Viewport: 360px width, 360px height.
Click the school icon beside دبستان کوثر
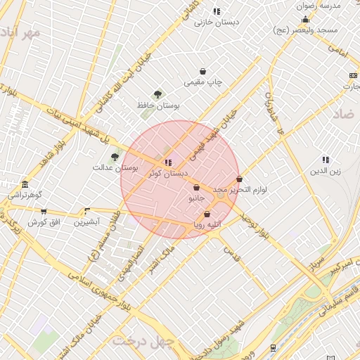pyautogui.click(x=167, y=163)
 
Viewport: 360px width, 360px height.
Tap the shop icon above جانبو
pyautogui.click(x=196, y=188)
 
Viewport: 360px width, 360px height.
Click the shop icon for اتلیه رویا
pyautogui.click(x=207, y=214)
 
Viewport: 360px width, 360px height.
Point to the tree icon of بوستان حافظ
pyautogui.click(x=157, y=94)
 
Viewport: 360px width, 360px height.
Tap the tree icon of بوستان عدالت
pyautogui.click(x=115, y=157)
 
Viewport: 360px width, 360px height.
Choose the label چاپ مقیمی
pyautogui.click(x=203, y=82)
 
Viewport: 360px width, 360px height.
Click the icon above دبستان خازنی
pyautogui.click(x=217, y=11)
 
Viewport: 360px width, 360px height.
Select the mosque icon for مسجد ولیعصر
pyautogui.click(x=305, y=19)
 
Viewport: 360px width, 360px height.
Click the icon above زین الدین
pyautogui.click(x=326, y=160)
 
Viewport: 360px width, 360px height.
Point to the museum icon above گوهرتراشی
pyautogui.click(x=25, y=184)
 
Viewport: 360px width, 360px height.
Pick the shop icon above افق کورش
pyautogui.click(x=44, y=211)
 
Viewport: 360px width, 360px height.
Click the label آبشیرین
pyautogui.click(x=88, y=222)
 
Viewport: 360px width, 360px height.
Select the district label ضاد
pyautogui.click(x=344, y=114)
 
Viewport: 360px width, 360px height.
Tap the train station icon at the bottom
pyautogui.click(x=273, y=347)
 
